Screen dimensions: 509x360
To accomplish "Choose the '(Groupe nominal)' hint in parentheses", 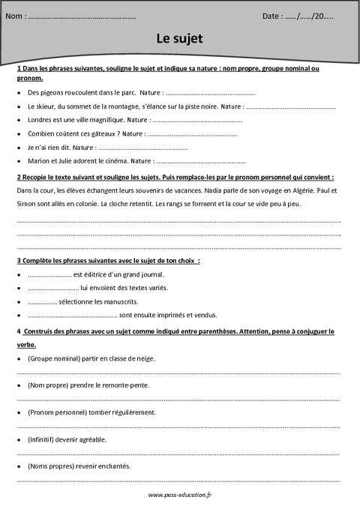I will [x=52, y=359].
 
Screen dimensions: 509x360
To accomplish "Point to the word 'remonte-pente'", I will [x=126, y=385].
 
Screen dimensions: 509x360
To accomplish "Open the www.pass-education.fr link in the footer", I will [x=180, y=496].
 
